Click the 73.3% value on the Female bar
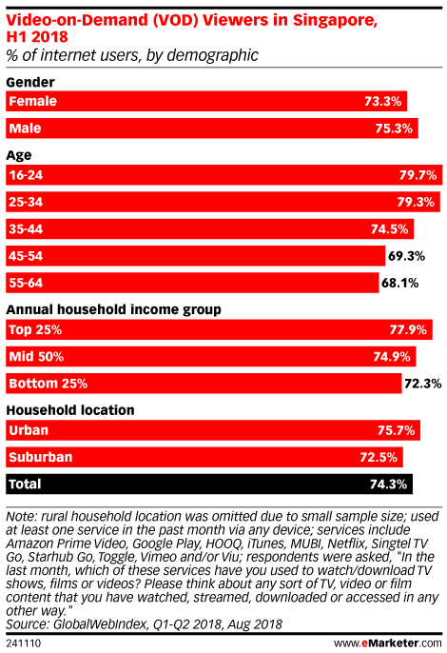click(x=383, y=101)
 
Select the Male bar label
click(x=25, y=129)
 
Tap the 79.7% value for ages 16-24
click(x=418, y=175)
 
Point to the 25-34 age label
click(x=26, y=202)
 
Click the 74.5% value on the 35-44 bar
click(x=390, y=229)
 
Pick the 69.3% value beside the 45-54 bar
click(x=406, y=256)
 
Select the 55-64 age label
click(x=26, y=284)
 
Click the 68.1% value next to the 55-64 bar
click(x=400, y=284)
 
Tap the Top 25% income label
click(x=35, y=329)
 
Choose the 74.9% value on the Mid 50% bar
click(x=392, y=357)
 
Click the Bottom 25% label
click(x=49, y=384)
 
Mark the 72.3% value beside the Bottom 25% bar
click(x=423, y=384)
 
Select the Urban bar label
click(x=29, y=430)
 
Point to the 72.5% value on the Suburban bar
click(x=379, y=457)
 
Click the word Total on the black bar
click(x=25, y=484)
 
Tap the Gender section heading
click(x=30, y=82)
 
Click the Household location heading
click(x=70, y=410)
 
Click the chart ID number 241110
click(x=24, y=643)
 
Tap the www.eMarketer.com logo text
click(x=388, y=643)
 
